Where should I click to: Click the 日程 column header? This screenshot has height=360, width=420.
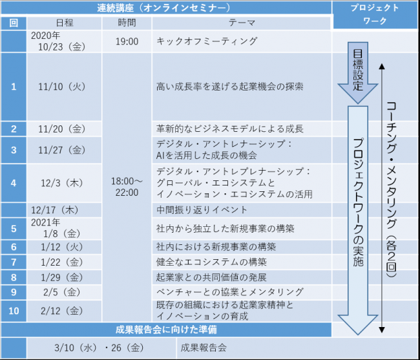(64, 23)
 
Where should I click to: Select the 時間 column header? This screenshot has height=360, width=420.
(127, 23)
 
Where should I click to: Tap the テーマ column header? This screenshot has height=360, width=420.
(242, 23)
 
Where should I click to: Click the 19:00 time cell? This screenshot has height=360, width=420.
(127, 41)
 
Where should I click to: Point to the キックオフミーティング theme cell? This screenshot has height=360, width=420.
(207, 41)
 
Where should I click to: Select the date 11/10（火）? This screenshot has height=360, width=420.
(62, 87)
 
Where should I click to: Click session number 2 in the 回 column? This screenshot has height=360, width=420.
(14, 129)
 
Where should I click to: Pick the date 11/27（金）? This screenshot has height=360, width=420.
(62, 150)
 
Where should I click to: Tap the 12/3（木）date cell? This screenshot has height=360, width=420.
(62, 183)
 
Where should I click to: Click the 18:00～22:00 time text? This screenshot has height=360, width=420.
(127, 187)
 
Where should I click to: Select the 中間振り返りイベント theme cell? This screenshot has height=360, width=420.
(202, 210)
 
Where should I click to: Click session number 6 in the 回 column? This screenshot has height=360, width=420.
(14, 247)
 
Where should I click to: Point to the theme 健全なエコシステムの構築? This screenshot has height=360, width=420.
(211, 262)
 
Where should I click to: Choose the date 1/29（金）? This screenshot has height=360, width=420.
(62, 277)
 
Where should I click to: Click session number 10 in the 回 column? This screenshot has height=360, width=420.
(14, 311)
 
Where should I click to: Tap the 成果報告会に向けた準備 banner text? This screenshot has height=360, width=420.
(166, 330)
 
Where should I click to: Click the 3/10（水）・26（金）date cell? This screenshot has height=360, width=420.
(99, 348)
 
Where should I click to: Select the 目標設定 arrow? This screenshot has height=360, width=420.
(358, 72)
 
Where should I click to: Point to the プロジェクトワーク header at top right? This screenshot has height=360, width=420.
(375, 14)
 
